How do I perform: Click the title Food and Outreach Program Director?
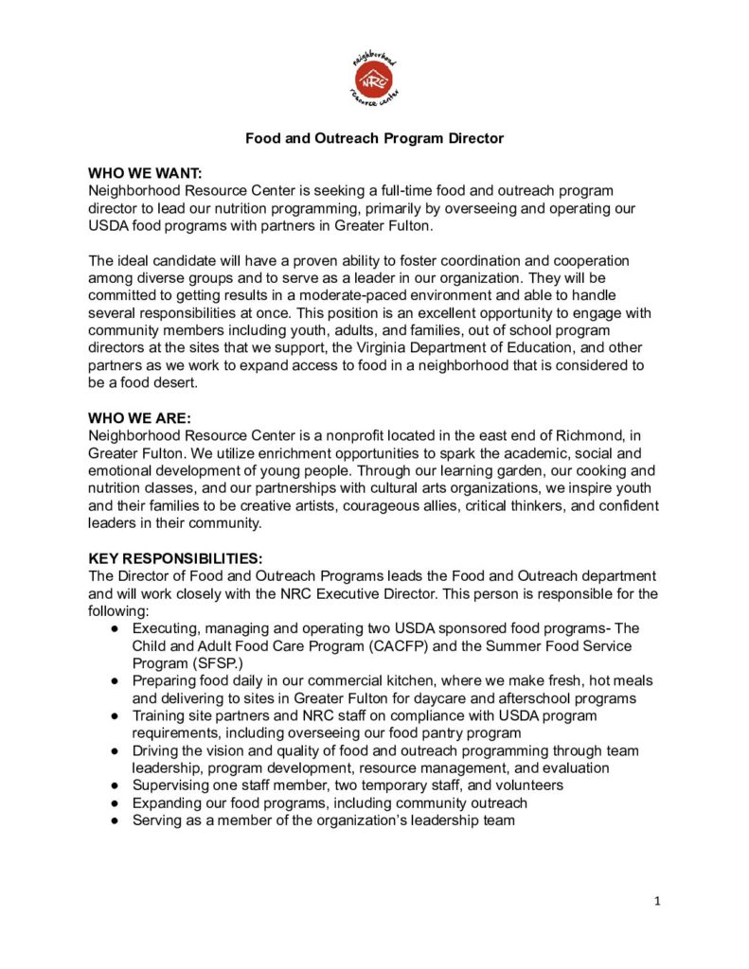click(x=374, y=138)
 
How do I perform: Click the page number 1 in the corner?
click(x=657, y=901)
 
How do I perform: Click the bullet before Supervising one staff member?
click(x=115, y=785)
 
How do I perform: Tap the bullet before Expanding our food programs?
click(x=115, y=803)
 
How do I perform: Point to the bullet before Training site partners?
click(x=115, y=715)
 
